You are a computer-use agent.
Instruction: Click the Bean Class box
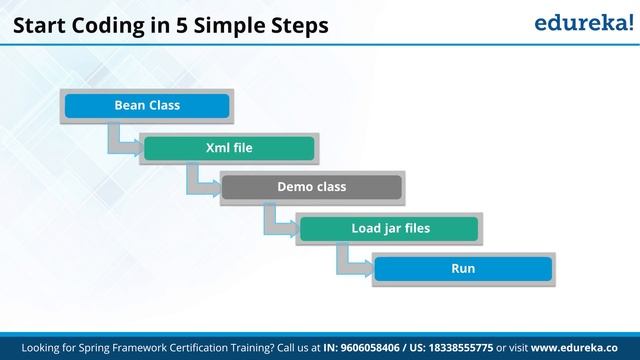(x=147, y=105)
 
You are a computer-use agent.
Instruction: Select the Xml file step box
(x=229, y=147)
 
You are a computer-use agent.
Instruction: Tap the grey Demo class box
(x=311, y=187)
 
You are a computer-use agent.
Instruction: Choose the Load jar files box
(x=390, y=228)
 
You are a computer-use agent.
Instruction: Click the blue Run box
(x=462, y=269)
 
